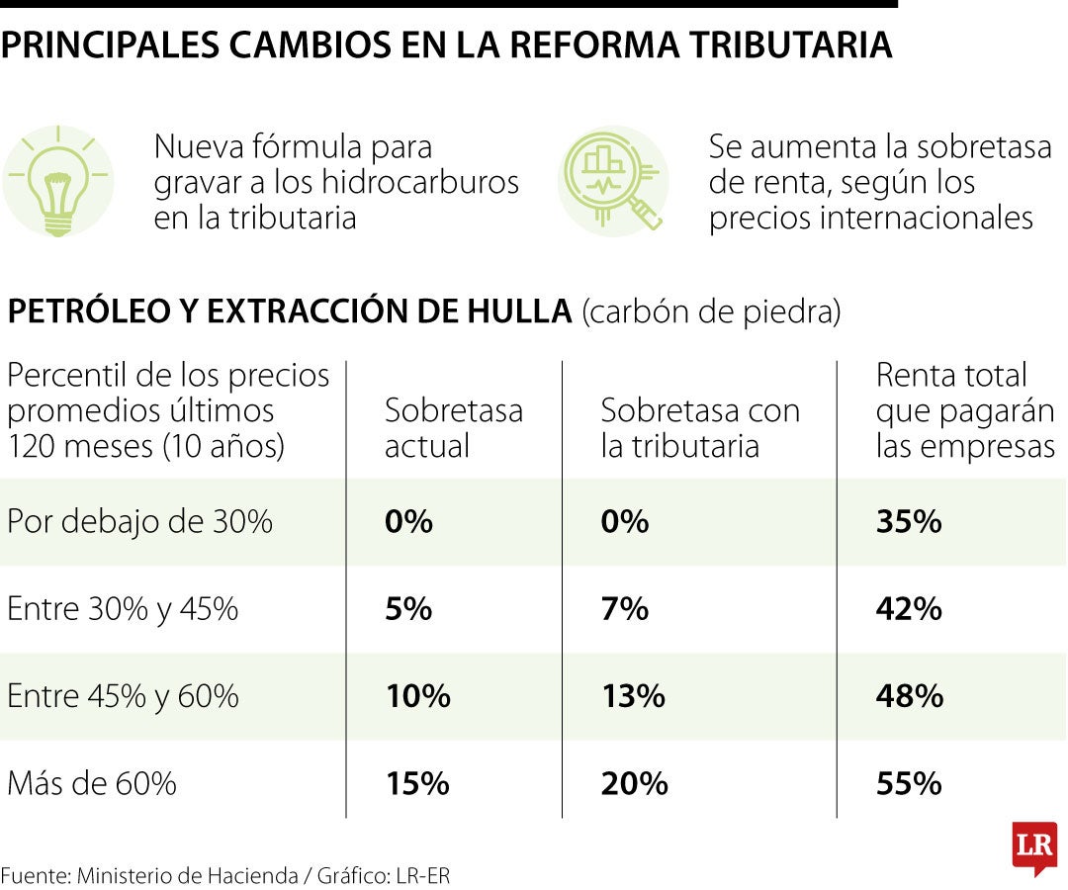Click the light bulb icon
tap(57, 182)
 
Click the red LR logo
tap(1033, 846)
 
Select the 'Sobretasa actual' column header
tap(453, 428)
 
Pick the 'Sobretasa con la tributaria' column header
tap(700, 428)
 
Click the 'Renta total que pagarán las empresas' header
tap(964, 410)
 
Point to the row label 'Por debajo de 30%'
tap(139, 522)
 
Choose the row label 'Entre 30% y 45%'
tap(123, 609)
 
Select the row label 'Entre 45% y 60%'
tap(123, 696)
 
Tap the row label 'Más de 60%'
tap(92, 784)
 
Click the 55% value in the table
tap(908, 784)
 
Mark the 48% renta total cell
tap(908, 696)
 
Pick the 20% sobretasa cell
tap(634, 784)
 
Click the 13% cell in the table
tap(633, 696)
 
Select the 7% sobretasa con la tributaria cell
tap(624, 609)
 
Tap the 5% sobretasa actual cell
tap(408, 609)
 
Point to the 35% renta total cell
tap(908, 522)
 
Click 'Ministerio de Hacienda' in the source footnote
tap(187, 875)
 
